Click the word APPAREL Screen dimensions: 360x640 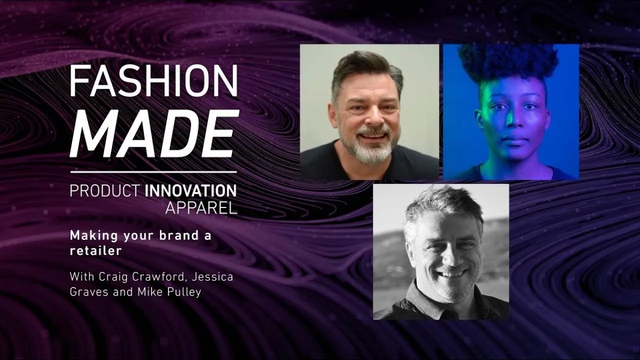tap(201, 208)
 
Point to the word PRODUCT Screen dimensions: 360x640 tap(105, 190)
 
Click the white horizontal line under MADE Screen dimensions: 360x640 tap(153, 172)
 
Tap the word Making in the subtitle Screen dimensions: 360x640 tap(91, 235)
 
